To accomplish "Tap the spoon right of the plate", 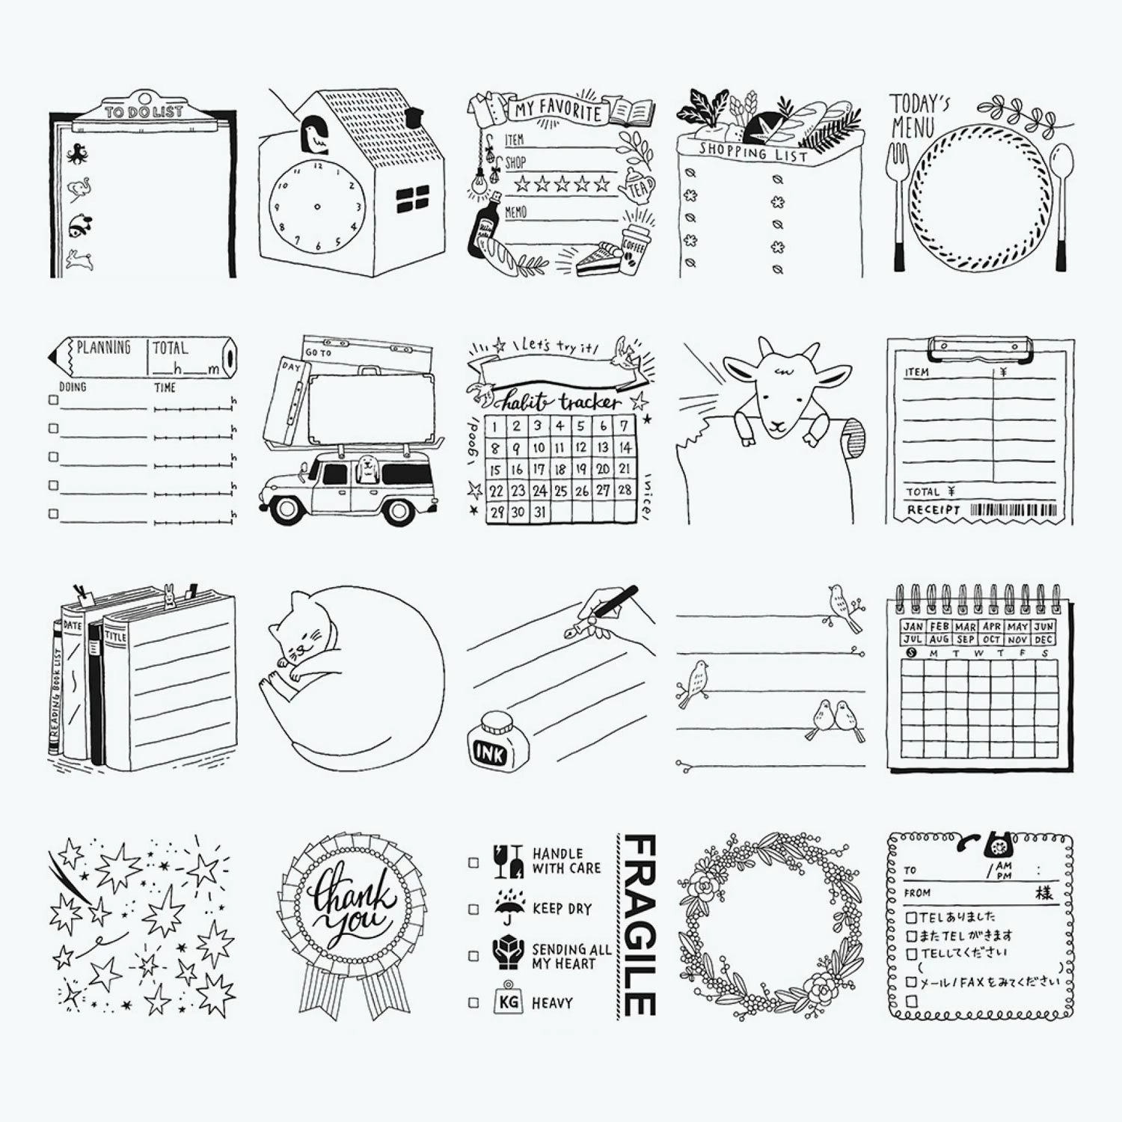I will pos(1061,202).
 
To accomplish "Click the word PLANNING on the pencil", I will pos(103,348).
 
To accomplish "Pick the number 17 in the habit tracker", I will pos(539,469).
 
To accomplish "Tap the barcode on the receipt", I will pos(1014,511).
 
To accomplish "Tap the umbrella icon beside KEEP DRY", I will pos(509,907).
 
